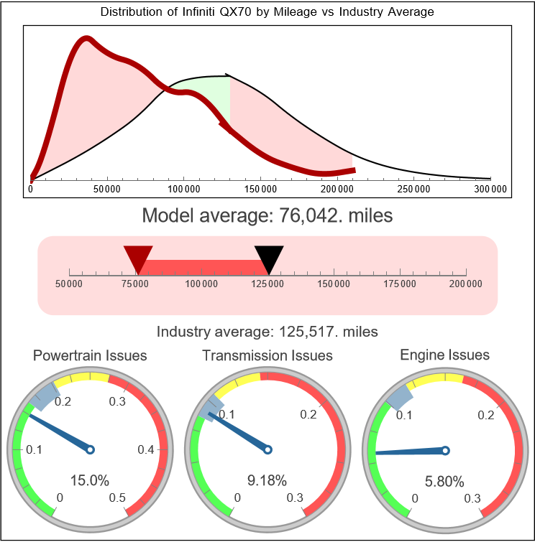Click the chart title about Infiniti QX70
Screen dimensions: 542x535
coord(267,12)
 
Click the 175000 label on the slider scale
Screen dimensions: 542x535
coord(400,284)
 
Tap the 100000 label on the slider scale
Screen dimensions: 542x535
coord(202,284)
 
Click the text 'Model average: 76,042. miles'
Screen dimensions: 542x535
coord(267,215)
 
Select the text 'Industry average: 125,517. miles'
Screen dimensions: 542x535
coord(267,332)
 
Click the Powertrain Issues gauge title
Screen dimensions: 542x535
coord(91,355)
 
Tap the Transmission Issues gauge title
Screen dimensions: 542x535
coord(267,355)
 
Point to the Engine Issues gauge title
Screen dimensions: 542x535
coord(444,355)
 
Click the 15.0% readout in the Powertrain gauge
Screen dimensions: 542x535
coord(89,480)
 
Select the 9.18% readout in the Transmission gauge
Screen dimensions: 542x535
coord(267,480)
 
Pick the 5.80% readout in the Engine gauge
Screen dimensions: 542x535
coord(444,480)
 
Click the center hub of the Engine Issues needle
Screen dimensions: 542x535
coord(445,450)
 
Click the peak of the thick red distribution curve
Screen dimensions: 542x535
coord(86,38)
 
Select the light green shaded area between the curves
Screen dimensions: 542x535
coord(209,90)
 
